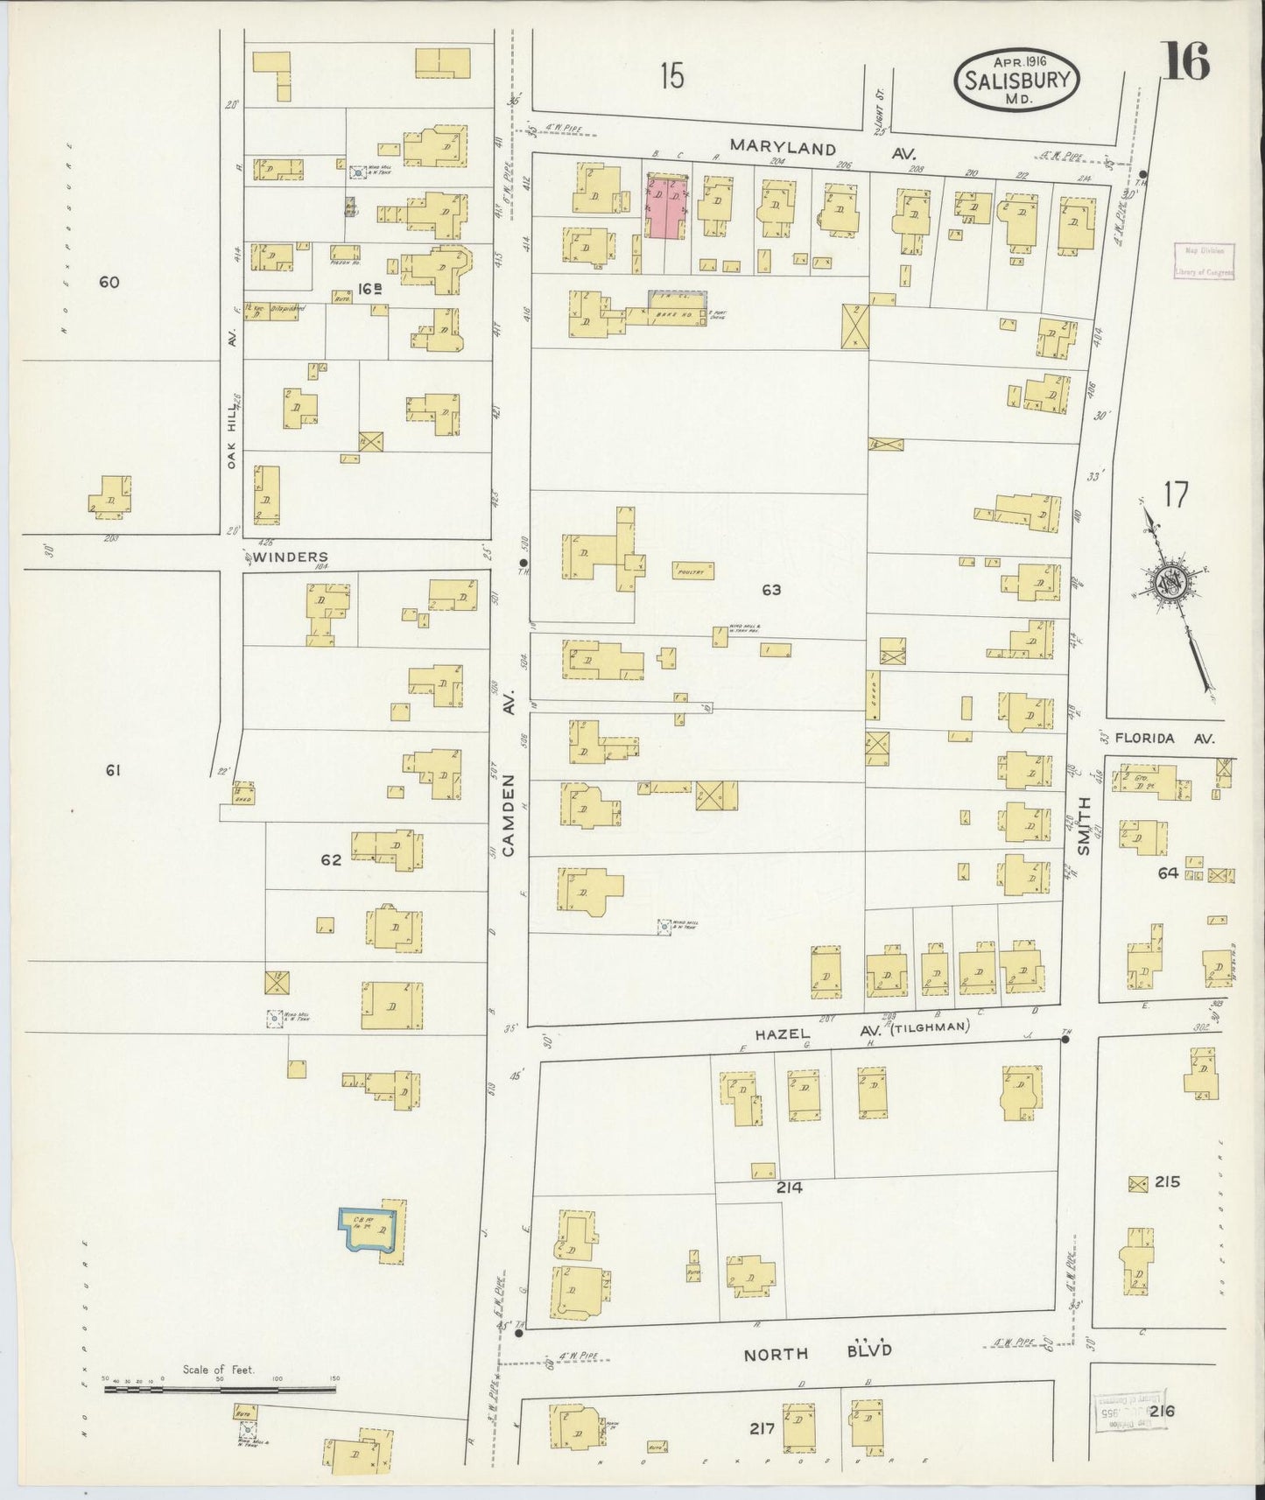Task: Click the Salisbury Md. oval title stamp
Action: pos(1016,79)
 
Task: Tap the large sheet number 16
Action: pos(1186,60)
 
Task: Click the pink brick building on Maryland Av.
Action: pos(666,207)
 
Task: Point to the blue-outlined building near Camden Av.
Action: pos(373,1234)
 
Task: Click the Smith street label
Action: pos(1084,825)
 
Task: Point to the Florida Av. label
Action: pos(1168,739)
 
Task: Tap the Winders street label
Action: pos(293,557)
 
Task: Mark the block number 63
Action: pos(771,590)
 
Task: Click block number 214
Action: pos(789,1188)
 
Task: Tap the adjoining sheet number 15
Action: pos(671,76)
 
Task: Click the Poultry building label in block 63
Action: pos(692,571)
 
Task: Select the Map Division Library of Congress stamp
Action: pos(1204,261)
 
